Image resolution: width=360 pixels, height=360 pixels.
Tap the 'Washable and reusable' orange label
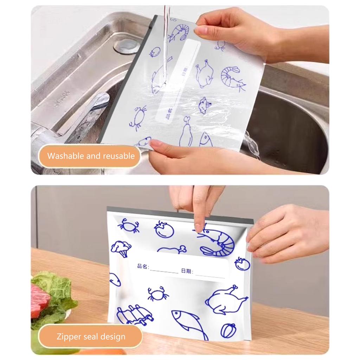click(91, 156)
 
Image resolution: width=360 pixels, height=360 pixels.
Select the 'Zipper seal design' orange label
click(91, 336)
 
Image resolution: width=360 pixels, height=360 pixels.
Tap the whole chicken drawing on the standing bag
click(226, 300)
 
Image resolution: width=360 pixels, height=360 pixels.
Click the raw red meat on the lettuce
click(40, 300)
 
